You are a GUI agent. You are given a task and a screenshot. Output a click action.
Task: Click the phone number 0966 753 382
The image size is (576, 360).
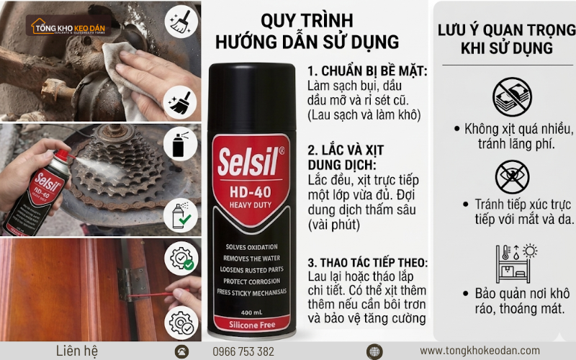pos(243,351)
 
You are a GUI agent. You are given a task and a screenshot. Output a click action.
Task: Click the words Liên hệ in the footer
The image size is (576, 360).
pos(76,351)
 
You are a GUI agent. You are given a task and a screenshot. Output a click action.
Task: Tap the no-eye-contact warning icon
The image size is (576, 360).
pos(512,176)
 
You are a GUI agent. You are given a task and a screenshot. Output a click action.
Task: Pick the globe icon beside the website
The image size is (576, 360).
pos(374,351)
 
